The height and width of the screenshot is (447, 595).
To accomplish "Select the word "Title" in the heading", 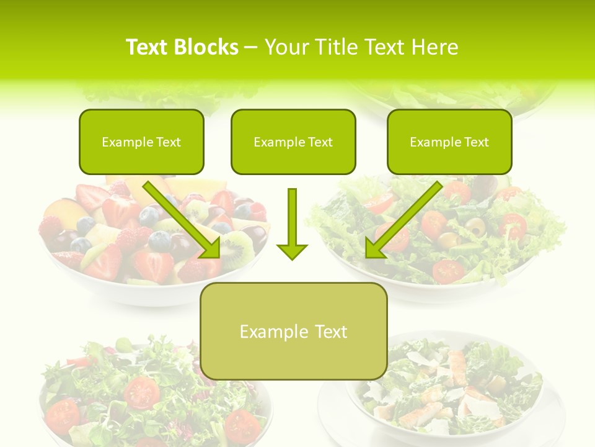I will (x=340, y=47).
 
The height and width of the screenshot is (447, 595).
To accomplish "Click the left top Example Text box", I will (x=141, y=142).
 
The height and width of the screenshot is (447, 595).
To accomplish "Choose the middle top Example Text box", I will (x=293, y=142).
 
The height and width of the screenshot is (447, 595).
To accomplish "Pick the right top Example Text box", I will (x=449, y=142).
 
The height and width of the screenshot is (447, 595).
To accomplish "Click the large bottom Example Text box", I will (x=293, y=331).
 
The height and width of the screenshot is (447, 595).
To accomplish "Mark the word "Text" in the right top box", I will (x=476, y=142).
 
